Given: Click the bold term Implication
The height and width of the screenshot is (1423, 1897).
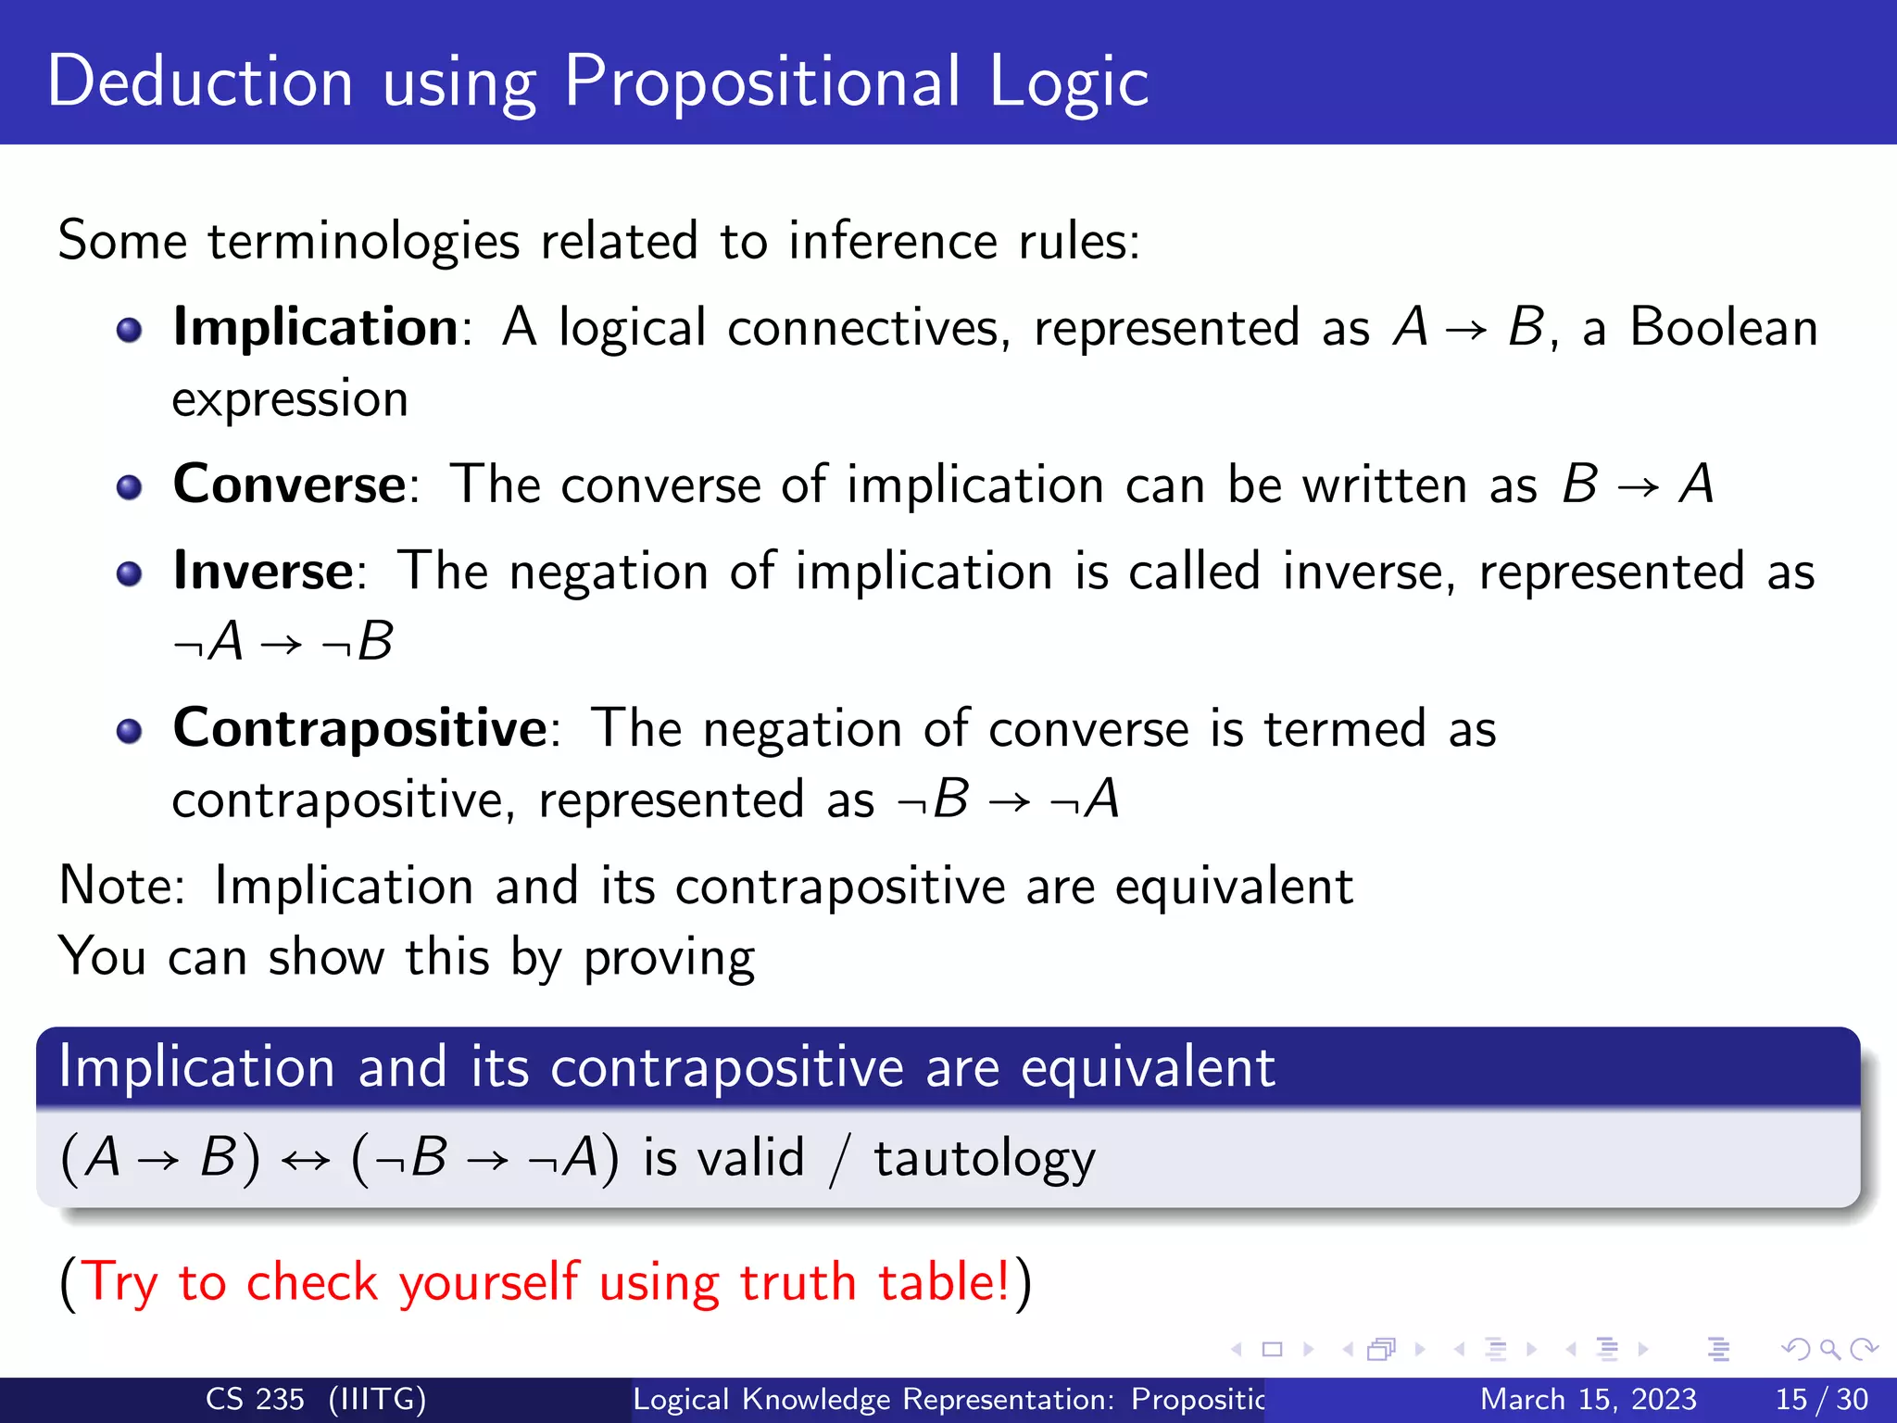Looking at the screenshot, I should pos(315,328).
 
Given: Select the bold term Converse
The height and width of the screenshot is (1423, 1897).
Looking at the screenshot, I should pos(289,485).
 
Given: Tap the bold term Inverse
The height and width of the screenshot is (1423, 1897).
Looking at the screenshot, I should pos(263,571).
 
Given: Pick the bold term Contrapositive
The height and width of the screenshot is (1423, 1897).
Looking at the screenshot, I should pos(359,728).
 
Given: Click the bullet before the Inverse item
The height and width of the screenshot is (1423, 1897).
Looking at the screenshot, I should pos(130,574).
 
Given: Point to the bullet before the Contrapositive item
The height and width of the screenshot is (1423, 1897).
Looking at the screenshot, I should pos(130,732).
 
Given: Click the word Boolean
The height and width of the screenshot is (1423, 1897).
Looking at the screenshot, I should pos(1723,328).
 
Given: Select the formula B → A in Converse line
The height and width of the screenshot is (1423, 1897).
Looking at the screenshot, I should pos(1638,485).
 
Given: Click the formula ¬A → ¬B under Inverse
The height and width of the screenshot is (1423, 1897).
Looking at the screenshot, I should pos(283,642).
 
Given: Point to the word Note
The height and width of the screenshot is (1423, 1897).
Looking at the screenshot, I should pos(120,886).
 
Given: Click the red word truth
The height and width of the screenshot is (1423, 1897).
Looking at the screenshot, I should pos(797,1283).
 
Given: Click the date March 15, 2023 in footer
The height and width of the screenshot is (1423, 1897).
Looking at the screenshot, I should pos(1588,1399).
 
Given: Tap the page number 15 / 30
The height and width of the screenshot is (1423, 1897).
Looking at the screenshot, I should pos(1821,1399).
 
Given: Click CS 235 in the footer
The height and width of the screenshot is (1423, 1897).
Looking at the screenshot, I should pos(254,1399).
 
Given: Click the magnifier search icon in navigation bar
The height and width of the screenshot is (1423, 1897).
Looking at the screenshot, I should pos(1829,1350).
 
